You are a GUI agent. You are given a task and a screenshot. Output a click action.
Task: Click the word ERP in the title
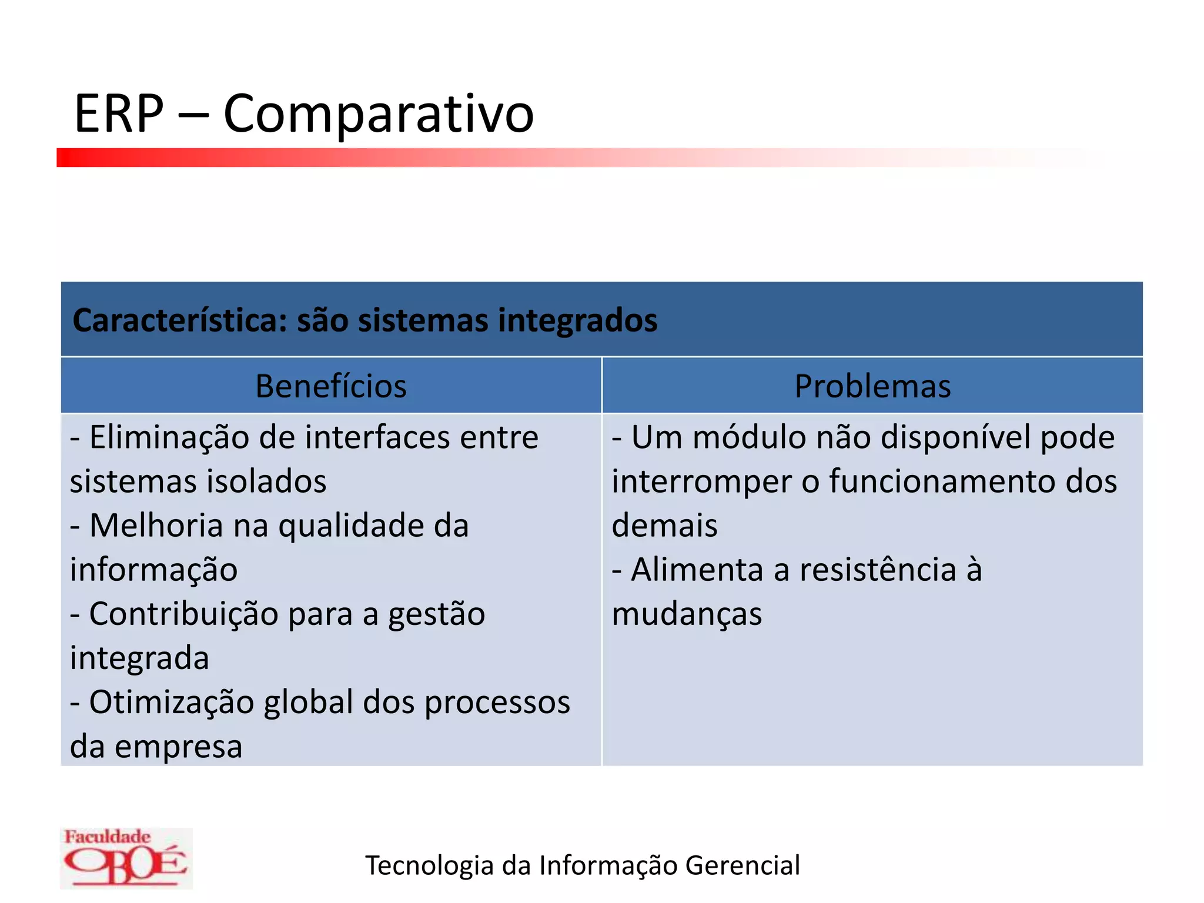[119, 113]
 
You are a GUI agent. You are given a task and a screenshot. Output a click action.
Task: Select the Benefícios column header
[331, 386]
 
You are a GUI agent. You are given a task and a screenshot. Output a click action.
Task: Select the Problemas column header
[872, 386]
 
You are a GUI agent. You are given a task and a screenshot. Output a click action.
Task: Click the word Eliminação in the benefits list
[169, 438]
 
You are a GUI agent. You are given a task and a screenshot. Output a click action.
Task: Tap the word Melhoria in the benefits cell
[156, 526]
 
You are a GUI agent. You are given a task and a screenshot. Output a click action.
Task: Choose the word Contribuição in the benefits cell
[183, 614]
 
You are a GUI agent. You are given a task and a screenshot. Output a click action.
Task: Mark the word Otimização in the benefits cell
[171, 703]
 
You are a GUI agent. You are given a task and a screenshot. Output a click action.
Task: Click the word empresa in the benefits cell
[178, 747]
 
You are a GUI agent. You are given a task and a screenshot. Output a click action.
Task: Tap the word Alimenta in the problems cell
[697, 570]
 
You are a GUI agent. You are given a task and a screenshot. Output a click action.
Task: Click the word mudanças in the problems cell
[687, 614]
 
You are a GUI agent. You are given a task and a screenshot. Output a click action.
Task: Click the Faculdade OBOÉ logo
[126, 858]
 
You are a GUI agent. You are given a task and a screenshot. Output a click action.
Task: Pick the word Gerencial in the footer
[743, 865]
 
